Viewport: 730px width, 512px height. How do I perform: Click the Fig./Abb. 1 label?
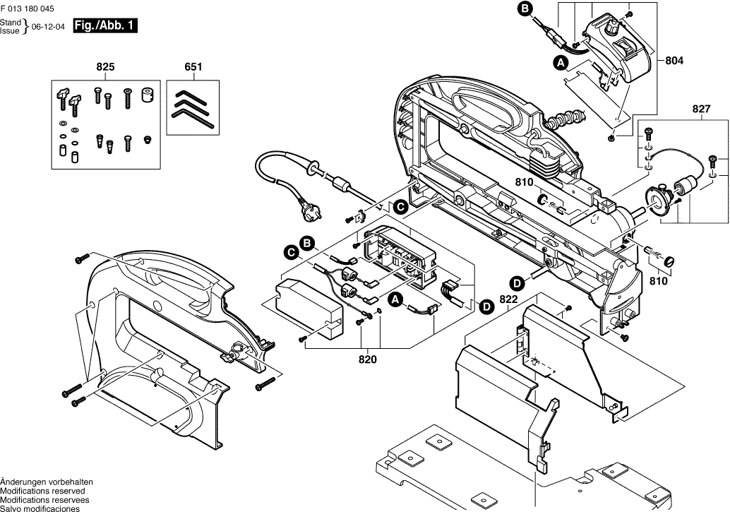(x=104, y=27)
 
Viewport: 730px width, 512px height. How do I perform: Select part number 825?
(x=105, y=67)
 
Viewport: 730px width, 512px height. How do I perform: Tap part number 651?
(x=193, y=67)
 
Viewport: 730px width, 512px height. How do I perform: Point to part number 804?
(x=675, y=61)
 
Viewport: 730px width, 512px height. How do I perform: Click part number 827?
(x=701, y=109)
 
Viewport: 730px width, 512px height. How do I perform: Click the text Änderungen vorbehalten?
(x=47, y=482)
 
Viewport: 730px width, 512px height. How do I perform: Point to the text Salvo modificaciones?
(x=40, y=508)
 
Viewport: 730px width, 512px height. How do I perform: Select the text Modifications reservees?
(x=44, y=499)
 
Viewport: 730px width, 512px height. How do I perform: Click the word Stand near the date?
(x=11, y=23)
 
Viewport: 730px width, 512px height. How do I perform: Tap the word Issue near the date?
(x=11, y=32)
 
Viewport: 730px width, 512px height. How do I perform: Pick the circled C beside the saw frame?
(x=400, y=207)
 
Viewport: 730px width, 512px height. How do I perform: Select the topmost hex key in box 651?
(x=190, y=95)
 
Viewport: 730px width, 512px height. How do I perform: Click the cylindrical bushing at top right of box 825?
(x=148, y=95)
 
